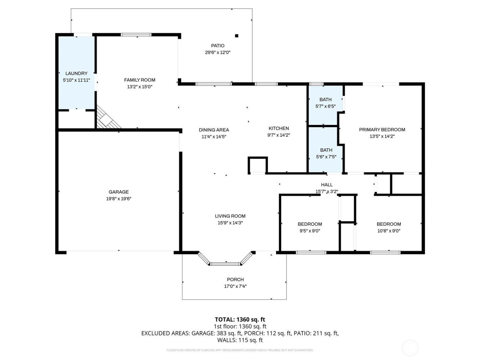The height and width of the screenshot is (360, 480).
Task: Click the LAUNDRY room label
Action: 76,73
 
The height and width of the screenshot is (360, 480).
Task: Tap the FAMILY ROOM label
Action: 140,80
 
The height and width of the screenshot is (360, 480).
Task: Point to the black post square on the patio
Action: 236,36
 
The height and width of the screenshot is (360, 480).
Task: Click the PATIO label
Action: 218,46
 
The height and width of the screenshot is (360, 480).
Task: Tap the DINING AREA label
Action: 214,130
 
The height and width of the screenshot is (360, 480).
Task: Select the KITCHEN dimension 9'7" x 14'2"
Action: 279,135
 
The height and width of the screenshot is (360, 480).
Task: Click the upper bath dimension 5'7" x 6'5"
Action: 325,106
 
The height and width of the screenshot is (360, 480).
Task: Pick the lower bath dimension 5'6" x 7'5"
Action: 326,157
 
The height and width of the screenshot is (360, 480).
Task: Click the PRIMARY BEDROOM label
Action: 382,130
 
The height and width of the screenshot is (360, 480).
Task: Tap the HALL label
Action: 327,185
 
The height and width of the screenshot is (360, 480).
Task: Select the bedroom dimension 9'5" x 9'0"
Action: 310,231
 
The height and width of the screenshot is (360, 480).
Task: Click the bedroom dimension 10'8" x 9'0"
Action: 389,231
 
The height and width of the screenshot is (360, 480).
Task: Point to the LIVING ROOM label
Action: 230,216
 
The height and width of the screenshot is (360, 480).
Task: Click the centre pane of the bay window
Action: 226,264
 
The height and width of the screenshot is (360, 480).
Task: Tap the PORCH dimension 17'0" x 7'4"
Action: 235,286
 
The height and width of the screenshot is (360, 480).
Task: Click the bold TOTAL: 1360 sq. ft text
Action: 240,320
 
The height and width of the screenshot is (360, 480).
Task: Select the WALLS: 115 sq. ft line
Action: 240,340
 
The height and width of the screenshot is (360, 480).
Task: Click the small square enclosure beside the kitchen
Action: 257,165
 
